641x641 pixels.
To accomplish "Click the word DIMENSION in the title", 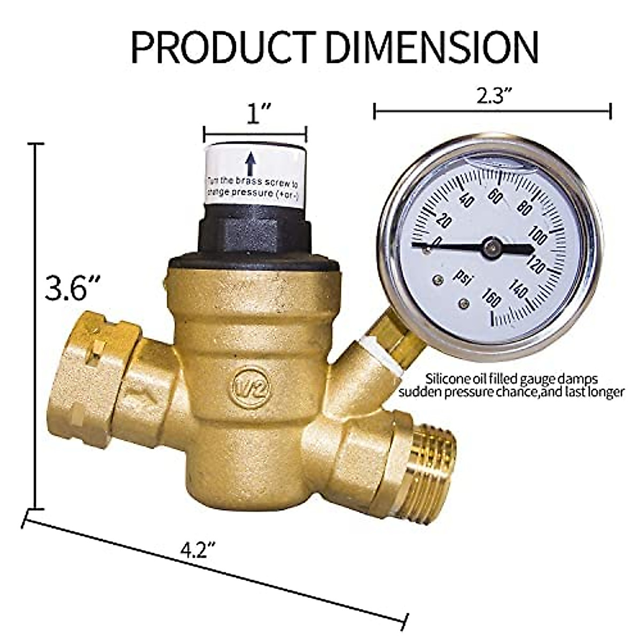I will click(x=433, y=47).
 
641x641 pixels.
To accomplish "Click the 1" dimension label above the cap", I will click(x=255, y=114).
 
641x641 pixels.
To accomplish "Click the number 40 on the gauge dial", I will click(x=466, y=200).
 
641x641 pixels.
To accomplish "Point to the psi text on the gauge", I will click(x=462, y=275).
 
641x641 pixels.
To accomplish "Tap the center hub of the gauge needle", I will click(x=491, y=247).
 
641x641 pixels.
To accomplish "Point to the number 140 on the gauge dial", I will click(x=519, y=290).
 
